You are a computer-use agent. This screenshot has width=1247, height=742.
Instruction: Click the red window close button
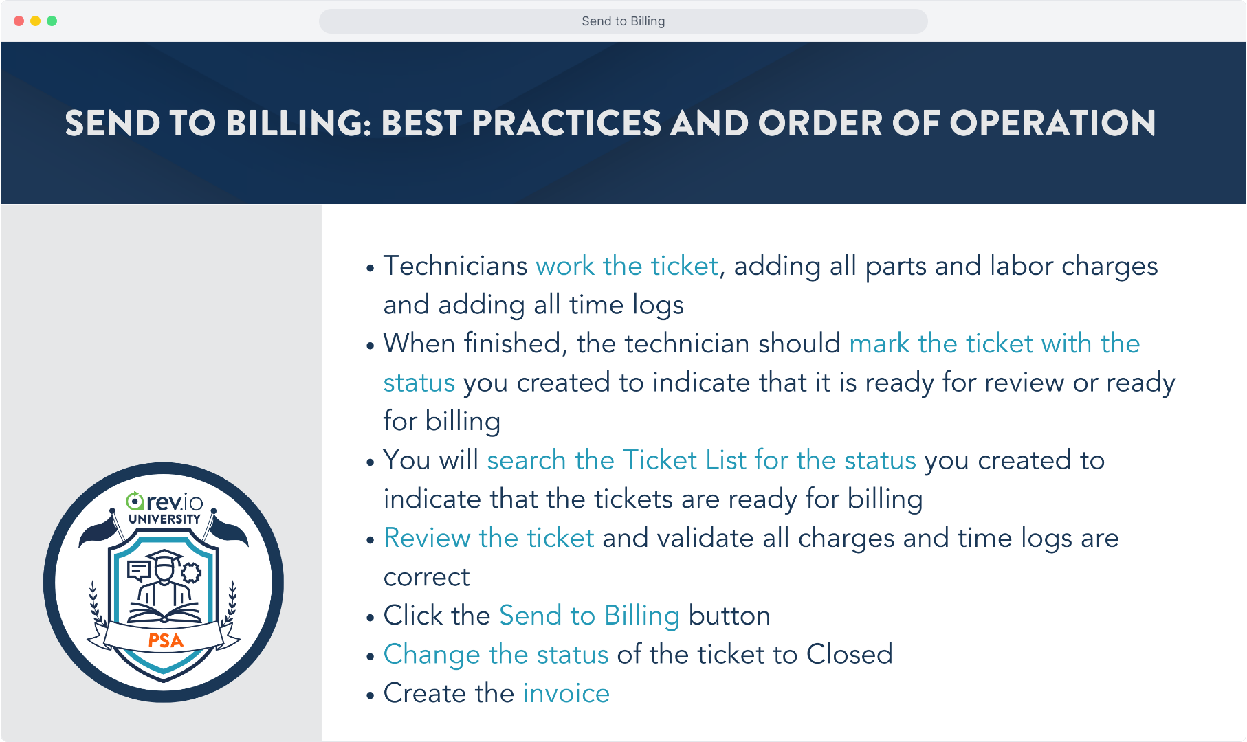click(x=19, y=21)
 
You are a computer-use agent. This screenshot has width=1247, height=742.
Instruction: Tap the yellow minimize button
click(x=36, y=21)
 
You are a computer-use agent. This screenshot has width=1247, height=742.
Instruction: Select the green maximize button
click(x=52, y=21)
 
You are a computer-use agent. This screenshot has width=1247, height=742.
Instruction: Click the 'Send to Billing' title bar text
click(x=623, y=21)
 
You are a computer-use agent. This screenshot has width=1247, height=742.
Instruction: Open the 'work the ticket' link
click(x=627, y=266)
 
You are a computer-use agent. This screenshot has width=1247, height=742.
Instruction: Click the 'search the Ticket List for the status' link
click(x=701, y=460)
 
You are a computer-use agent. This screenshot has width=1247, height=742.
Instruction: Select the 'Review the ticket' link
click(x=489, y=538)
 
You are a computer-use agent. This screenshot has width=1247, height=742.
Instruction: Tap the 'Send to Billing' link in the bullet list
click(x=589, y=616)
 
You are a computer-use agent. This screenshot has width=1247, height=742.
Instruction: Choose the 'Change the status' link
click(x=496, y=655)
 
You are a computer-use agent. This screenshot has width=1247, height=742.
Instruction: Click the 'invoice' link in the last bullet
click(x=566, y=693)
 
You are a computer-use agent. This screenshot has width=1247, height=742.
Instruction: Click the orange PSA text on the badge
click(x=166, y=640)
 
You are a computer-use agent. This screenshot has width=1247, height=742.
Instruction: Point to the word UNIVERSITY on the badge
click(x=164, y=519)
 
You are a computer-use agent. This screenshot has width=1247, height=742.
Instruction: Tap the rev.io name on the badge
click(x=165, y=502)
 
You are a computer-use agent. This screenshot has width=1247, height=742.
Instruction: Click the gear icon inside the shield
click(x=190, y=572)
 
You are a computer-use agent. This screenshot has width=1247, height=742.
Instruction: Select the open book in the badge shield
click(x=164, y=612)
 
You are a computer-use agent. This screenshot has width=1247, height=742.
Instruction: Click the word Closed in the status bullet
click(x=849, y=655)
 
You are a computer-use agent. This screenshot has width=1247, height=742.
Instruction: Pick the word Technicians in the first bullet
click(x=456, y=266)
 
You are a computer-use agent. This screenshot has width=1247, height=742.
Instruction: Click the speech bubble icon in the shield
click(x=139, y=570)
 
